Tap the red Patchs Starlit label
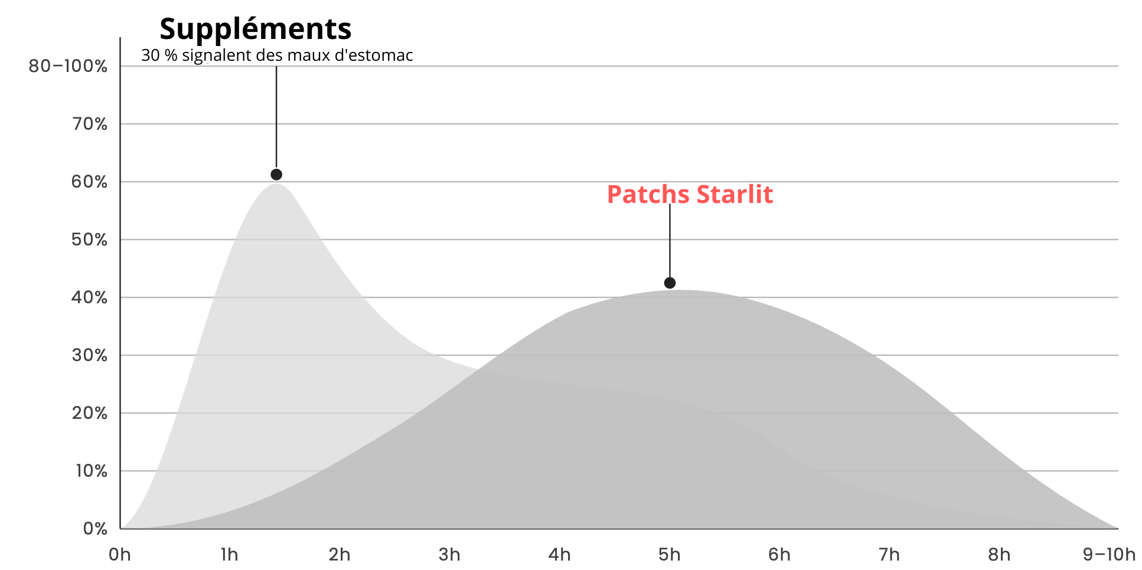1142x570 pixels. [690, 195]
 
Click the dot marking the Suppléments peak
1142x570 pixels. [276, 175]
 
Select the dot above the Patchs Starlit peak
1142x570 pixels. [670, 283]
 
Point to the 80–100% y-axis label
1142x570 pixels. [68, 66]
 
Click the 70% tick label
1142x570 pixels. [90, 124]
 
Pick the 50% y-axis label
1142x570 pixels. [90, 240]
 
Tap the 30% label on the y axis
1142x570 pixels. [90, 355]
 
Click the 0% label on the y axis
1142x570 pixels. [95, 529]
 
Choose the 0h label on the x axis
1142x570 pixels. [120, 555]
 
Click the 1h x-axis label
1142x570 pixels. [230, 555]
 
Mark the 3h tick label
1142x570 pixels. [449, 555]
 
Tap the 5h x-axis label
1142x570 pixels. [670, 555]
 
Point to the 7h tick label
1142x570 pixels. [889, 555]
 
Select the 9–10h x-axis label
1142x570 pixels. [1109, 555]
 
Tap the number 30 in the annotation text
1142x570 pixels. [151, 55]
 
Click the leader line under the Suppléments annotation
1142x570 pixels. [276, 117]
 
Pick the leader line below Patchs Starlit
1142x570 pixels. [670, 241]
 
